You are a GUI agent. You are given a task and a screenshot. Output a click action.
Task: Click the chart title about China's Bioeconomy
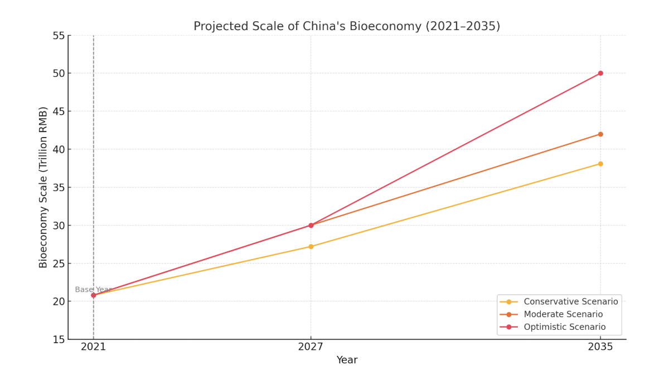[x=347, y=27]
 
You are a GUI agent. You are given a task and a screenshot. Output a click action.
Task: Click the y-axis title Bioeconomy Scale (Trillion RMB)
[x=43, y=187]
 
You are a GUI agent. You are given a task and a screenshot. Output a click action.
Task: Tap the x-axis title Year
[x=347, y=360]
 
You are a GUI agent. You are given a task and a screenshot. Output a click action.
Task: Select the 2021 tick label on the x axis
[x=93, y=347]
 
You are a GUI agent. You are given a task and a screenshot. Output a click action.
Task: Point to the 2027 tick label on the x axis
[x=311, y=347]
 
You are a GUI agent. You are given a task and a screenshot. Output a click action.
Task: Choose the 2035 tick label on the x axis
[x=600, y=347]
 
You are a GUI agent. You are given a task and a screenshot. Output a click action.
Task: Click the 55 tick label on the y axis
[x=59, y=36]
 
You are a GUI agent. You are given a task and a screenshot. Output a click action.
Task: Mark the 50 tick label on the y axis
[x=59, y=74]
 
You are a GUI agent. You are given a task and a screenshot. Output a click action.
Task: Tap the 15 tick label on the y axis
[x=59, y=339]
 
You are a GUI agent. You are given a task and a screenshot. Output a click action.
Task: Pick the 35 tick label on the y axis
[x=59, y=188]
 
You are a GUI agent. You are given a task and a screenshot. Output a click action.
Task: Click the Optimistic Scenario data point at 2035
[x=600, y=74]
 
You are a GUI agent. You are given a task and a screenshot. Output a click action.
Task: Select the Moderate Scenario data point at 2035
[x=600, y=134]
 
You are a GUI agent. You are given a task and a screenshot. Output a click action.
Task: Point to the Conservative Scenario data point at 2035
[x=600, y=164]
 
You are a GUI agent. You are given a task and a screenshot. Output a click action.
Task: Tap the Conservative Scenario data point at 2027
[x=311, y=246]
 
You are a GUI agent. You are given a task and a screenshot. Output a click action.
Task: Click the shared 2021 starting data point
[x=93, y=295]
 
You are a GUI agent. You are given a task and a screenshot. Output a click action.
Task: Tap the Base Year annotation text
[x=93, y=290]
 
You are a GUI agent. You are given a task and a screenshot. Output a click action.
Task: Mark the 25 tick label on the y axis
[x=59, y=263]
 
